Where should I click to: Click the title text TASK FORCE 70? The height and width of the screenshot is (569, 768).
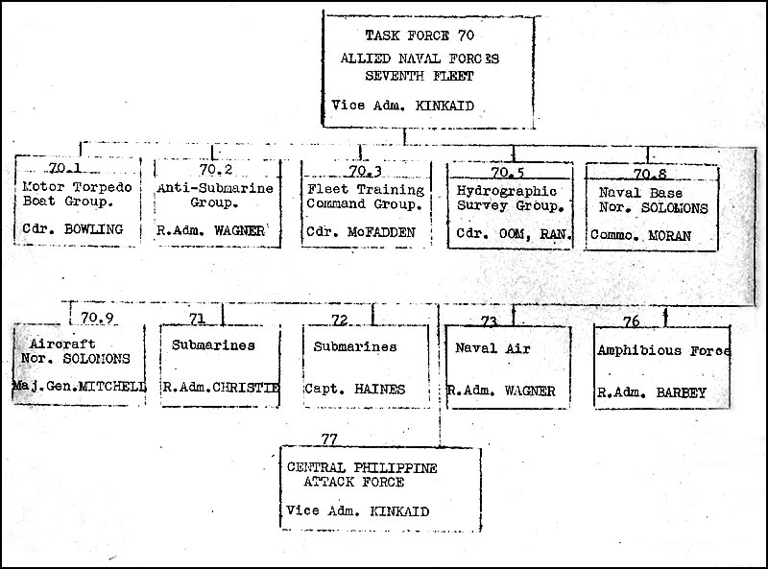tap(420, 36)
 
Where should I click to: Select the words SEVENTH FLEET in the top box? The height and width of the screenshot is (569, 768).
tap(420, 77)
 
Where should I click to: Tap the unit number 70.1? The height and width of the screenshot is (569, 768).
tap(64, 168)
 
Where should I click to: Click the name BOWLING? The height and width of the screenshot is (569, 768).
tap(93, 229)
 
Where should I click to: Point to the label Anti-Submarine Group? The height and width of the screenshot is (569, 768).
tap(215, 196)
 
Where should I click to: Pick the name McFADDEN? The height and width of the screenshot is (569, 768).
tap(381, 232)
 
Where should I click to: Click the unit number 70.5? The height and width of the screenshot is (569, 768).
tap(508, 173)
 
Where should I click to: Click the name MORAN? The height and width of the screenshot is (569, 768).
tap(669, 235)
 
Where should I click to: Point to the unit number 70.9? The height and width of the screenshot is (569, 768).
tap(98, 318)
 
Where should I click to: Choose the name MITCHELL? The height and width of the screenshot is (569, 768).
tap(112, 387)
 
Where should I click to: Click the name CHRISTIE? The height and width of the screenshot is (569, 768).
tap(247, 388)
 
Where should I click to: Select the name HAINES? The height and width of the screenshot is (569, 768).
tap(379, 390)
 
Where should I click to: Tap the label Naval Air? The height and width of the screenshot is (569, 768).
tap(492, 348)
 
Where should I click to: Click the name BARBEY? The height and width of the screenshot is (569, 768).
tap(681, 392)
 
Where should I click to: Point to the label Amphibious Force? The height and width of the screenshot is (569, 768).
tap(663, 350)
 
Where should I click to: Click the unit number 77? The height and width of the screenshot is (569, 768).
tap(329, 439)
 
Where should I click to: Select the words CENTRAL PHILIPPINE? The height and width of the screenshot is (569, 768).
tap(362, 467)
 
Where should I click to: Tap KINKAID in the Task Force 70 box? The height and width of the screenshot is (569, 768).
tap(444, 106)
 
